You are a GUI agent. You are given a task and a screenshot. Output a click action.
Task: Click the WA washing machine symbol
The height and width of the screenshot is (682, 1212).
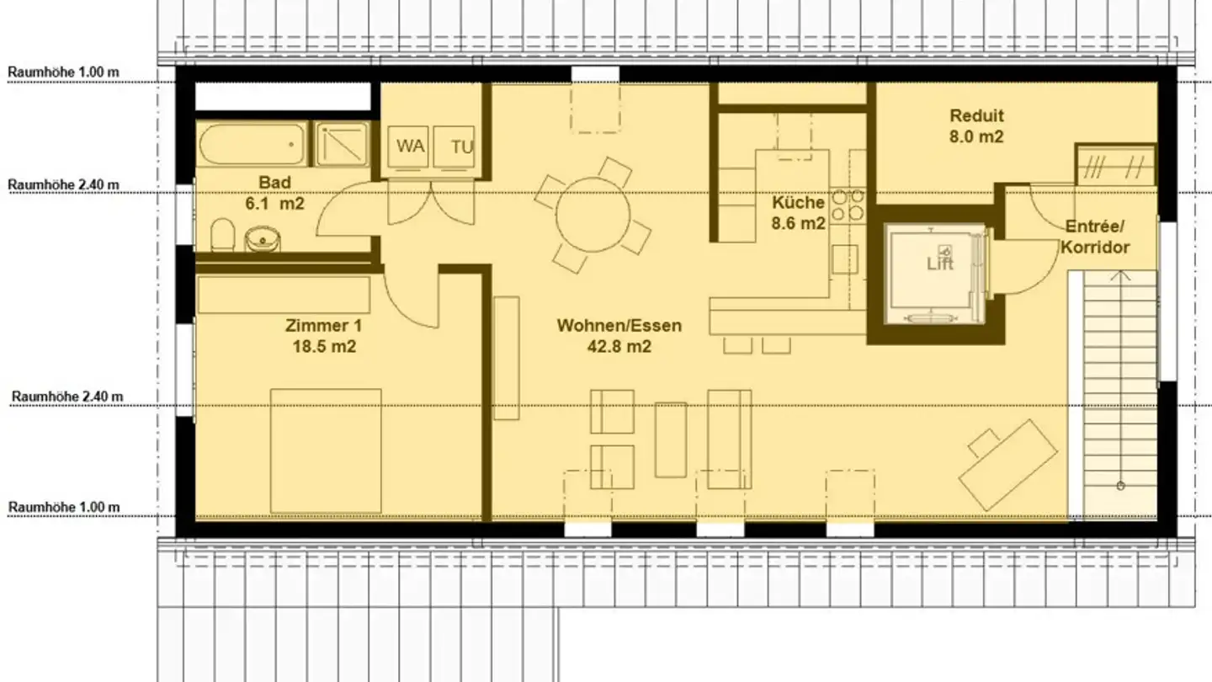(410, 147)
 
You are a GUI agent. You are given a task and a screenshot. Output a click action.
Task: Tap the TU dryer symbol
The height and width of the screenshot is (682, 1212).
(461, 147)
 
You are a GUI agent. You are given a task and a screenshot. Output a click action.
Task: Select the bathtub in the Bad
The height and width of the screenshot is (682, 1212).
(252, 144)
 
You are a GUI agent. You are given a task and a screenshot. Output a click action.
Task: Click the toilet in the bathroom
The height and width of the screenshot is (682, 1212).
(222, 236)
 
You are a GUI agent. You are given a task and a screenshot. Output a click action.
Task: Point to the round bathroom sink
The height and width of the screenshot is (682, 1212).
(262, 239)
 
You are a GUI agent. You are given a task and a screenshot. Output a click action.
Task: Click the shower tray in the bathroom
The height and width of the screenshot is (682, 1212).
(342, 144)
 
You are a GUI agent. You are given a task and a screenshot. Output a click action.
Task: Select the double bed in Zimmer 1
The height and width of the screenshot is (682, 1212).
(326, 450)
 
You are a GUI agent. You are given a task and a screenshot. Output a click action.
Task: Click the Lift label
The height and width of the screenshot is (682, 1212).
(940, 264)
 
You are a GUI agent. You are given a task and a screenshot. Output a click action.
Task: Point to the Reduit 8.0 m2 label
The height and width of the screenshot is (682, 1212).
(976, 126)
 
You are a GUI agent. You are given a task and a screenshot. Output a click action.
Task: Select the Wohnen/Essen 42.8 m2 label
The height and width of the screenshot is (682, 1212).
(619, 335)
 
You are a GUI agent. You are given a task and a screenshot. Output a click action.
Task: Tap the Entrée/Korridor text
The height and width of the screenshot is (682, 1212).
(1094, 237)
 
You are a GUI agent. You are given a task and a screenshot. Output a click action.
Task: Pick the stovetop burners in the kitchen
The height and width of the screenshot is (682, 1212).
(848, 205)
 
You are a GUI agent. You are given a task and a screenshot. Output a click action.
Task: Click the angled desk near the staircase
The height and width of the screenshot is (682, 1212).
(1008, 462)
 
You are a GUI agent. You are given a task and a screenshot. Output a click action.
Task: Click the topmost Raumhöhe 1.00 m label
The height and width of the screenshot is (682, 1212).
(64, 72)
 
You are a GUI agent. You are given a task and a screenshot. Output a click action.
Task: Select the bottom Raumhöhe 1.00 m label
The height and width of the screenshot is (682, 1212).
(64, 507)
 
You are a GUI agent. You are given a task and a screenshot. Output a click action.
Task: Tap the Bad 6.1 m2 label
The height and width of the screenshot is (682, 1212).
(274, 193)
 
